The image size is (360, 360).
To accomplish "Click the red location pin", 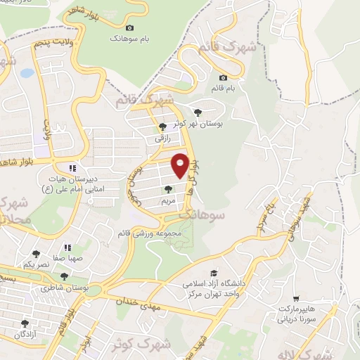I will point(181,165).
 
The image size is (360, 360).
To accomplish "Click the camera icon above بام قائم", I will point(224,77).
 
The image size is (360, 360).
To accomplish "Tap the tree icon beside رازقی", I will point(162,127).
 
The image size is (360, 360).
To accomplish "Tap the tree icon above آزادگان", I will point(25,324).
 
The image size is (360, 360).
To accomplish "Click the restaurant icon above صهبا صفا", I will point(67,247).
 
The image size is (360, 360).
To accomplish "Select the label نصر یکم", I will point(37,265).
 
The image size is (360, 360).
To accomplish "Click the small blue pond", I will point(26,72).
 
